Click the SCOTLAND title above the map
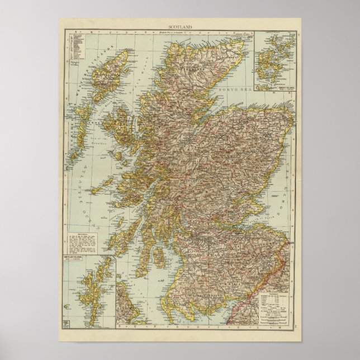pos(180,27)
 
